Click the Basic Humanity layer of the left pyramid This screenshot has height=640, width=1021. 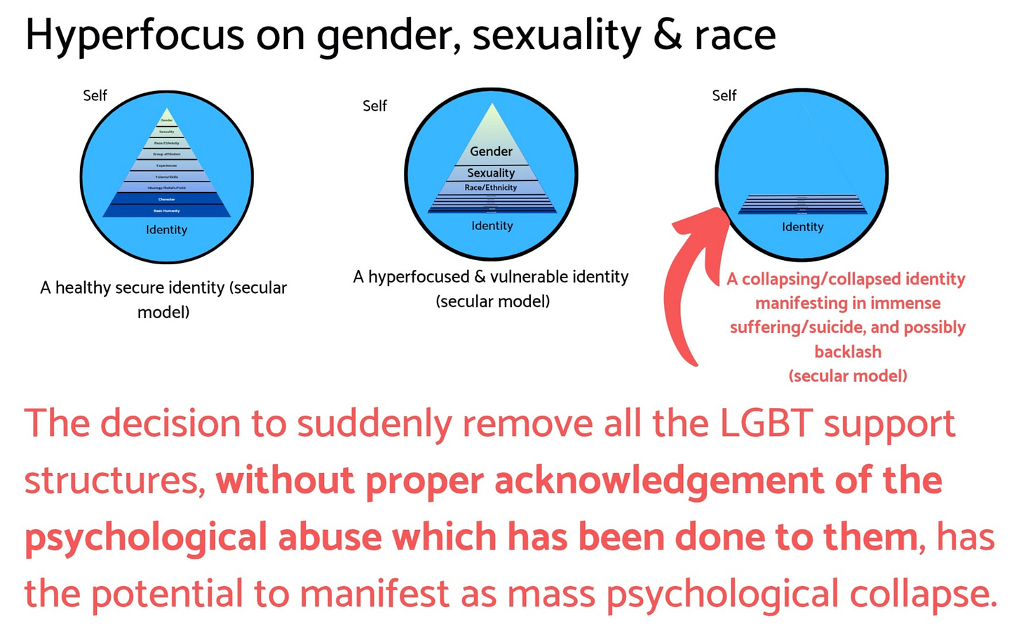pyautogui.click(x=167, y=210)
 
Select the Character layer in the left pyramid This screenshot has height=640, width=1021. pyautogui.click(x=167, y=199)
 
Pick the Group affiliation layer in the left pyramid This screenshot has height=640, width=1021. pyautogui.click(x=167, y=154)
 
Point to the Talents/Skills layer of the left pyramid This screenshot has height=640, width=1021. pyautogui.click(x=167, y=177)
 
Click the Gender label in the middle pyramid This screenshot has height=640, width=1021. pyautogui.click(x=491, y=151)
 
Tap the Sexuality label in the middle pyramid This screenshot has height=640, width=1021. pyautogui.click(x=491, y=173)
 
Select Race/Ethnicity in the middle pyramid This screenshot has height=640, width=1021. pyautogui.click(x=491, y=188)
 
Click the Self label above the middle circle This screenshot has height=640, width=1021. pyautogui.click(x=374, y=106)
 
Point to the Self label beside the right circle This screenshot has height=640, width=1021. pyautogui.click(x=724, y=95)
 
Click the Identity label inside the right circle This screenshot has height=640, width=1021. pyautogui.click(x=803, y=227)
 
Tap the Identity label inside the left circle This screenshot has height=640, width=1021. pyautogui.click(x=167, y=230)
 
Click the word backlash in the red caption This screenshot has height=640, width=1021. pyautogui.click(x=848, y=351)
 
